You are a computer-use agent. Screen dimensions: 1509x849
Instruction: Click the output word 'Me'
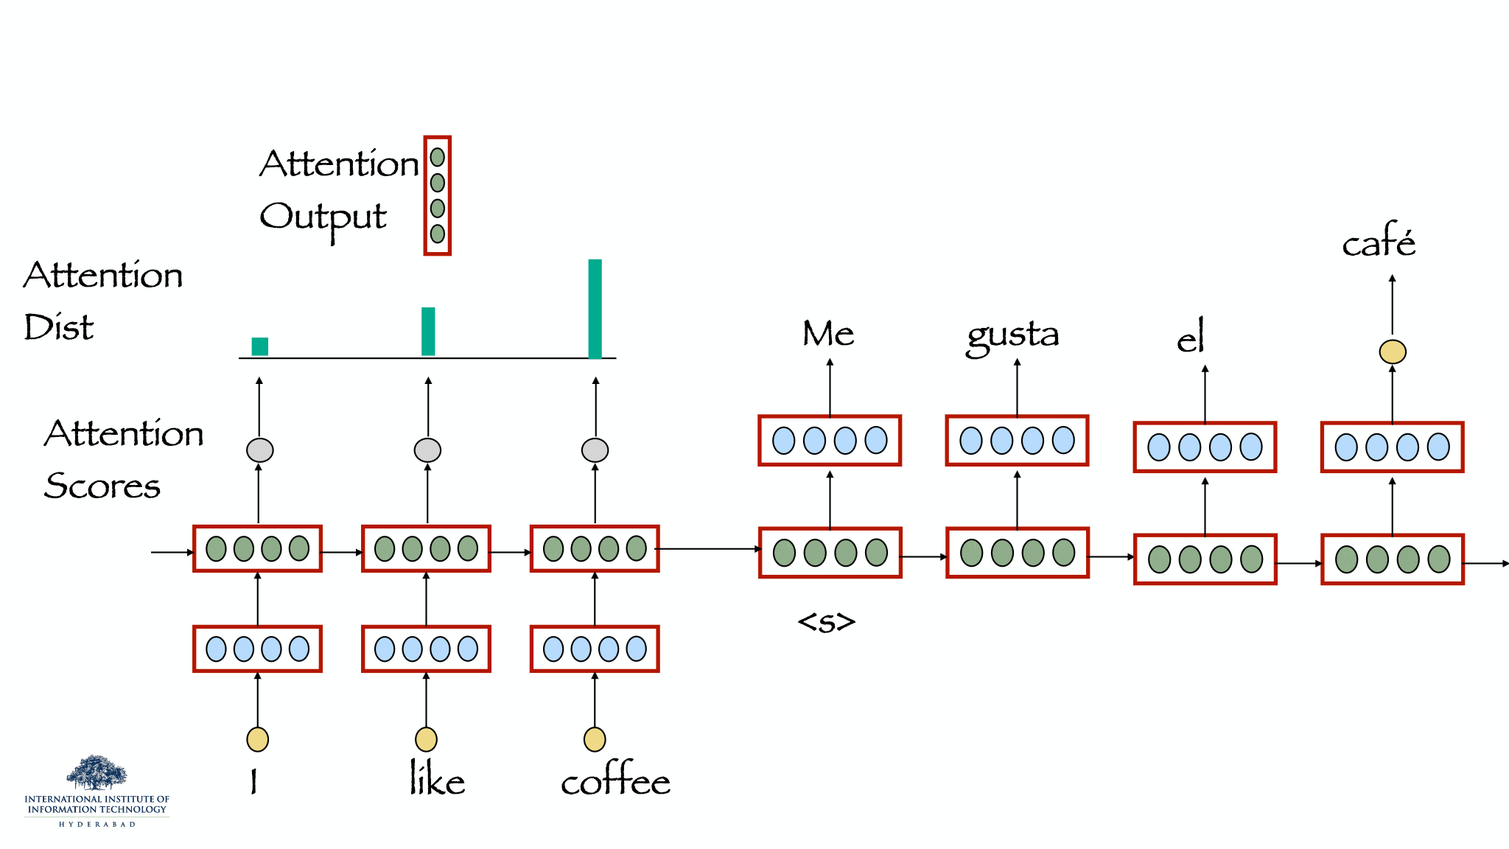(x=828, y=333)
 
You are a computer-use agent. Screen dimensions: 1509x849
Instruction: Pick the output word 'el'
(x=1191, y=336)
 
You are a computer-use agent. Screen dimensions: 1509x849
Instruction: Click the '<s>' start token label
(x=827, y=622)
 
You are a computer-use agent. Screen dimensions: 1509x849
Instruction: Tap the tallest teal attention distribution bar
(x=595, y=309)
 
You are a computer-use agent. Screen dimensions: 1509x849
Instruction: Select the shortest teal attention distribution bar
(x=260, y=346)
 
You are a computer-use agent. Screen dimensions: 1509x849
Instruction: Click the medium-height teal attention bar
(x=428, y=332)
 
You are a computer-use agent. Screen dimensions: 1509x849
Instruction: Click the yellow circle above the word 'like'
(x=426, y=739)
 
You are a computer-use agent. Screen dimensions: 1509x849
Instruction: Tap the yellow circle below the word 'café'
(x=1393, y=352)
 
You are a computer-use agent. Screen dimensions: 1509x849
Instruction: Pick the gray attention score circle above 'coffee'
(x=595, y=450)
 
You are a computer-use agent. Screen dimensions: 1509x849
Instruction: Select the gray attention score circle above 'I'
(x=260, y=450)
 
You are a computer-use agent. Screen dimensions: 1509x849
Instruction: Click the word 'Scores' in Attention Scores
(x=102, y=486)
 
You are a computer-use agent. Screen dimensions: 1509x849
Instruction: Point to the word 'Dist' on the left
(x=59, y=326)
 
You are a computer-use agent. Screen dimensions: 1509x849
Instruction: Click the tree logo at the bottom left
(x=97, y=772)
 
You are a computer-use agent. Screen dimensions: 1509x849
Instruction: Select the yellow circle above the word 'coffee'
(x=595, y=739)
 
